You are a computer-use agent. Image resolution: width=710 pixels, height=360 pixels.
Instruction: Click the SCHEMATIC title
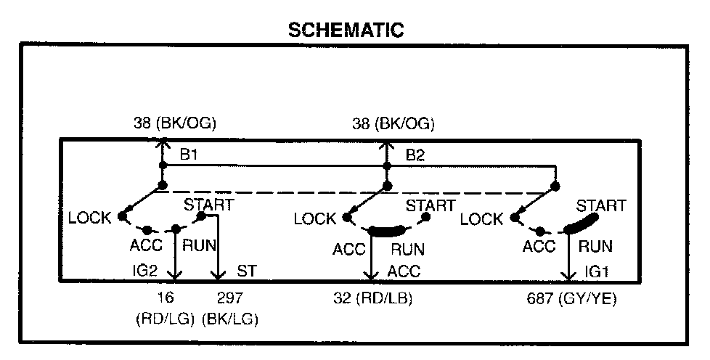pos(345,30)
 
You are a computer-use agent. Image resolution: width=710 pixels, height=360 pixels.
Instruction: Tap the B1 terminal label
pos(188,154)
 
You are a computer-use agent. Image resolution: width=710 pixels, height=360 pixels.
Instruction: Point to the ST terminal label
pos(247,271)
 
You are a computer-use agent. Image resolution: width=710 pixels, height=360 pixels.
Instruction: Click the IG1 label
pos(597,271)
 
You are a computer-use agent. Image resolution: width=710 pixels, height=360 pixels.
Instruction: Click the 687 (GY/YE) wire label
pos(572,298)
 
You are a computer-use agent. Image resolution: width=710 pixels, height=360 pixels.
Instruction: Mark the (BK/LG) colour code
pos(231,318)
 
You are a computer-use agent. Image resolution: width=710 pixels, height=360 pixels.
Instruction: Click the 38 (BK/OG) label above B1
pos(175,124)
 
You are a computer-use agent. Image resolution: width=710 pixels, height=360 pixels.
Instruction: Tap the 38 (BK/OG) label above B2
pos(393,124)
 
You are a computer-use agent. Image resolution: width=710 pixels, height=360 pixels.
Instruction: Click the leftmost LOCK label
pos(90,218)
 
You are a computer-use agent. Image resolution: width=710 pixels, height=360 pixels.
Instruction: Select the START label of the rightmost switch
pos(600,206)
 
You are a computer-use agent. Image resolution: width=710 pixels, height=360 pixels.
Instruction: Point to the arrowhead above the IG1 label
pos(568,276)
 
